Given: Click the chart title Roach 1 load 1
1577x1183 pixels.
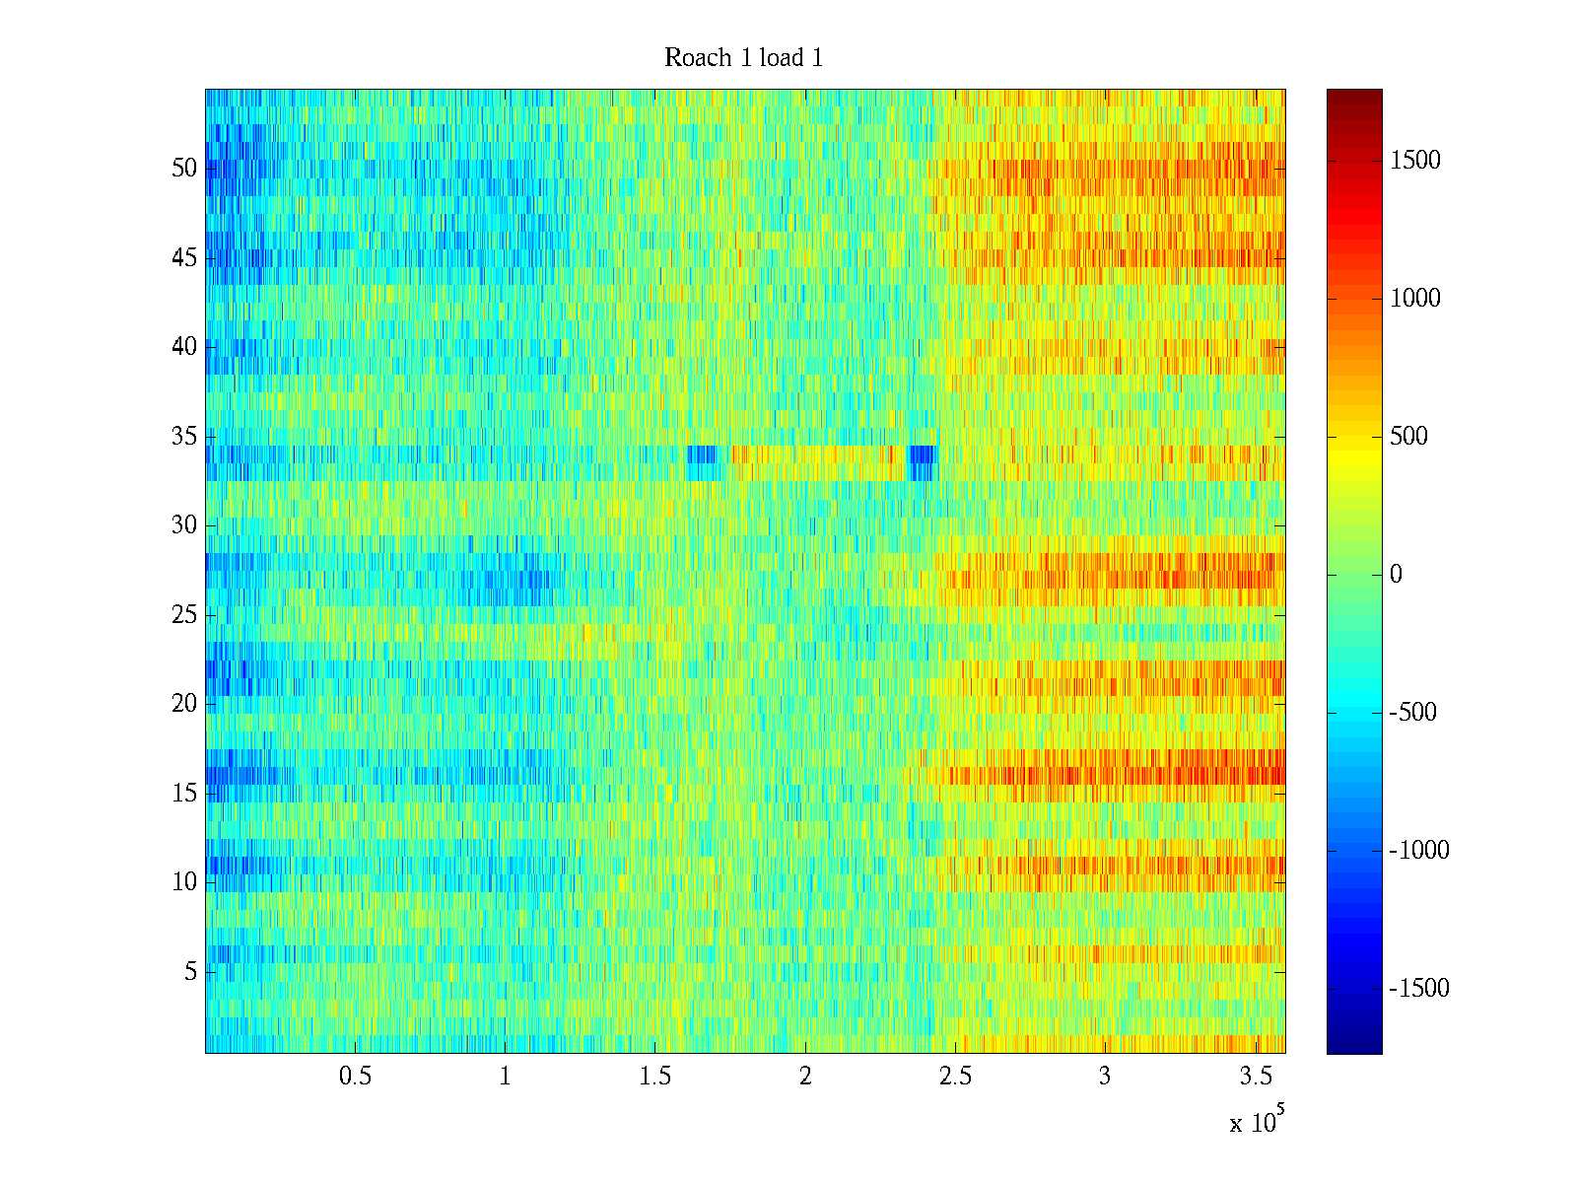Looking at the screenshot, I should click(x=743, y=58).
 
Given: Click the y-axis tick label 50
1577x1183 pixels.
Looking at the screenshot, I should click(x=184, y=168).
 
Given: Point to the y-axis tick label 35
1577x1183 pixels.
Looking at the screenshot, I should click(x=184, y=436).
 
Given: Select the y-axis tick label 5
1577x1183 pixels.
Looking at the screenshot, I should click(x=190, y=971).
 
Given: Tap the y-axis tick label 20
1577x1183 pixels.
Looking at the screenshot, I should click(x=184, y=703).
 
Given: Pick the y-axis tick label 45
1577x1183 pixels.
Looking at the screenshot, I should click(x=184, y=257).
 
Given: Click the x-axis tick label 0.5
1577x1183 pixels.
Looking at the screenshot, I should click(x=355, y=1077).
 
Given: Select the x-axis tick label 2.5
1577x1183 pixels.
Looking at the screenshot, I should click(x=955, y=1077).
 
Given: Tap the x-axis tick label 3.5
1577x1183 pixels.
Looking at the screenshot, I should click(x=1255, y=1077).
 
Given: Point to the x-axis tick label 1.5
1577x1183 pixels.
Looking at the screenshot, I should click(x=654, y=1077).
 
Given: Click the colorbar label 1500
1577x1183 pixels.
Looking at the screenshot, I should click(x=1415, y=161).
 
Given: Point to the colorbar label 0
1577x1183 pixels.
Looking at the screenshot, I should click(x=1396, y=575).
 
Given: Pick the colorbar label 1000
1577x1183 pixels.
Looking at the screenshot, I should click(x=1415, y=299).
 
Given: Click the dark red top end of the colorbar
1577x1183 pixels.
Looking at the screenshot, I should click(x=1354, y=95).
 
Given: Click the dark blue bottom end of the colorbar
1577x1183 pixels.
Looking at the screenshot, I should click(x=1354, y=1048).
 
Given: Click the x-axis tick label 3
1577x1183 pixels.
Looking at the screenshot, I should click(x=1105, y=1077).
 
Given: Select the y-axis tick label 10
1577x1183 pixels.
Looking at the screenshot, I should click(x=184, y=881).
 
